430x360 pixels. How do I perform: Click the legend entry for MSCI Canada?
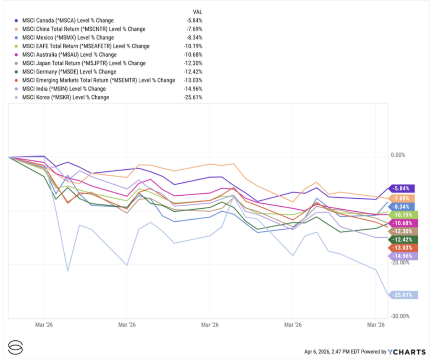pyautogui.click(x=68, y=20)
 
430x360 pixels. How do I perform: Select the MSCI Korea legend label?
pyautogui.click(x=66, y=97)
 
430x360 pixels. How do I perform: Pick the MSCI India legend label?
pyautogui.click(x=64, y=89)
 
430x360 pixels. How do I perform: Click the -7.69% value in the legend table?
pyautogui.click(x=194, y=29)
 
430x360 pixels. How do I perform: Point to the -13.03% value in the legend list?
pyautogui.click(x=193, y=80)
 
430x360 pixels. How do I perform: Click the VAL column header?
pyautogui.click(x=197, y=12)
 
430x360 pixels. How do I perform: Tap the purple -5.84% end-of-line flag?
pyautogui.click(x=403, y=189)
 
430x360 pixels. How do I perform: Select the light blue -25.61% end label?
pyautogui.click(x=404, y=295)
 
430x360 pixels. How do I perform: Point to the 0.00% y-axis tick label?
pyautogui.click(x=398, y=155)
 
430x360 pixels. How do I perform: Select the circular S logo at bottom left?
pyautogui.click(x=15, y=347)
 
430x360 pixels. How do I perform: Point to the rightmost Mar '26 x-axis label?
pyautogui.click(x=376, y=325)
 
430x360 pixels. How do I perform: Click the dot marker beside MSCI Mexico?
pyautogui.click(x=16, y=38)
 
